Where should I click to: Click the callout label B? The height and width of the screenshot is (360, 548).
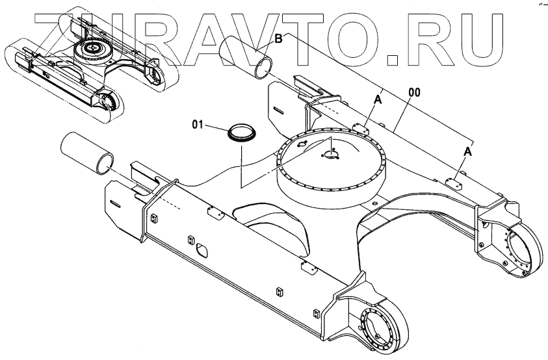click(x=278, y=39)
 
